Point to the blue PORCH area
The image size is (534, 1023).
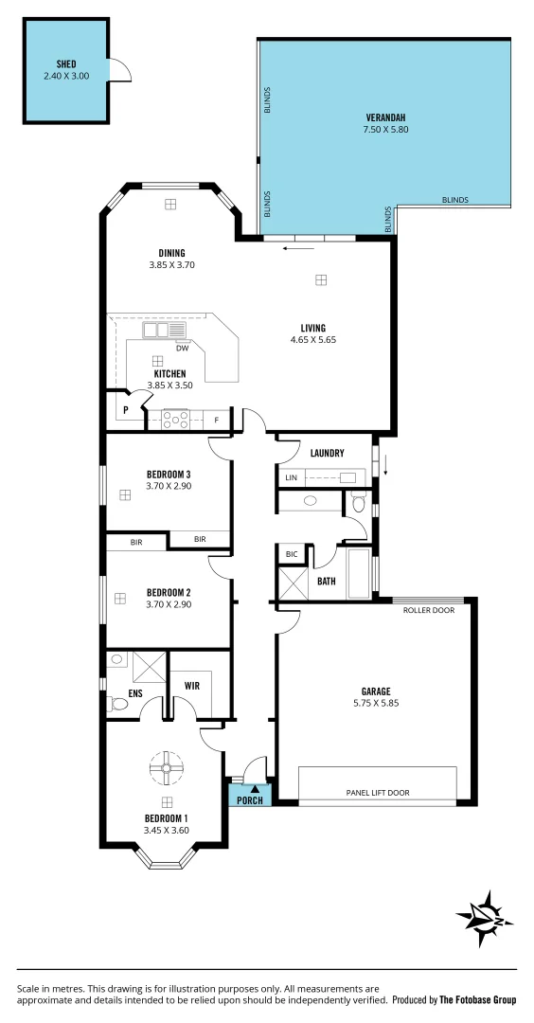click(x=250, y=799)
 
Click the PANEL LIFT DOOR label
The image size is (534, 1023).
click(x=378, y=793)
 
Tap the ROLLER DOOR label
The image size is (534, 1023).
click(x=429, y=610)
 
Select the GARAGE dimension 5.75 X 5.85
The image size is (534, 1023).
click(x=376, y=704)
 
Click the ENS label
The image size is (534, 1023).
click(x=121, y=704)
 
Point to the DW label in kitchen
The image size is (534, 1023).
click(x=184, y=348)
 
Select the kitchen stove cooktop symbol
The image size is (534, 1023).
click(x=175, y=419)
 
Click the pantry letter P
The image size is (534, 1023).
click(x=126, y=410)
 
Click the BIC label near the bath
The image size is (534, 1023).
click(x=292, y=554)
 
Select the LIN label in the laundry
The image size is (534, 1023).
click(x=291, y=478)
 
